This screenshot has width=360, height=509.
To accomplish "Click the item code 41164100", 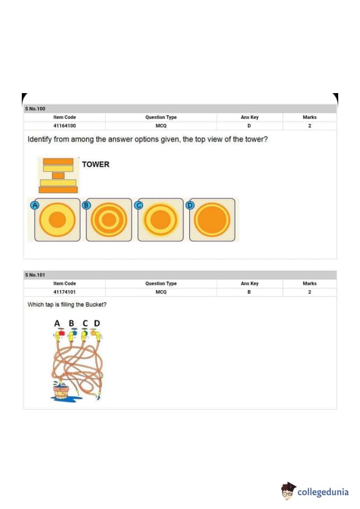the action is point(64,126).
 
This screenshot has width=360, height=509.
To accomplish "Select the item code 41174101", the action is point(64,292).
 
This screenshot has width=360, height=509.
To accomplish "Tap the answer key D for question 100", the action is point(249,126).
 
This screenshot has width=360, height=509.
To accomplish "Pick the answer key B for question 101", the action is point(249,292).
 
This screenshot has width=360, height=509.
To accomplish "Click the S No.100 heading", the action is point(35,109).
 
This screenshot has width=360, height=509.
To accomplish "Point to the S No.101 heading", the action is point(35,275).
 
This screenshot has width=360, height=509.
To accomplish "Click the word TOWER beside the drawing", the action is point(96,164).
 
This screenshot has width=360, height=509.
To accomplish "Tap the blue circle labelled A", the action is point(34,205).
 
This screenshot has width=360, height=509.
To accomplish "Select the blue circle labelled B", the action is point(86,205).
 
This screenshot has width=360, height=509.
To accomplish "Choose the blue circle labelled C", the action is point(139,205).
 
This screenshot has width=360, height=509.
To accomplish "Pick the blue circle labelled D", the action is point(190,205).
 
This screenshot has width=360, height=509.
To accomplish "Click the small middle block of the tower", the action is point(58,176).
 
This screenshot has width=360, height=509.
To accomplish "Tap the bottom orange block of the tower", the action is point(58,190).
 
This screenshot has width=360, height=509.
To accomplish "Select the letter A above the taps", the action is point(57,323).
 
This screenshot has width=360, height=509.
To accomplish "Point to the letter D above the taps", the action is point(97,323).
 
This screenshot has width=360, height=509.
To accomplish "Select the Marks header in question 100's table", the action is point(309,117).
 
